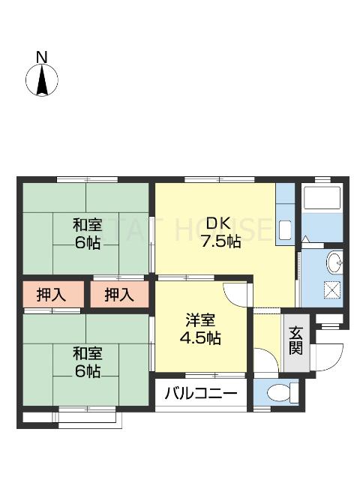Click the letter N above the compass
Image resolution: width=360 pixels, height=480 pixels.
(x=42, y=57)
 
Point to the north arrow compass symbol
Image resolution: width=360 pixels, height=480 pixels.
(x=43, y=81)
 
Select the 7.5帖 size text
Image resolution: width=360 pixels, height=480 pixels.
(x=220, y=241)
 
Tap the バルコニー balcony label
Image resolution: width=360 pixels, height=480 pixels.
(x=199, y=392)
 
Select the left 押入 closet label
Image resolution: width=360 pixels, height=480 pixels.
(x=50, y=295)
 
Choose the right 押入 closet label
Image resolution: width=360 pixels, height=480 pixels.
(x=118, y=295)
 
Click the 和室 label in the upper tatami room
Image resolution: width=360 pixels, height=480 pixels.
(x=87, y=224)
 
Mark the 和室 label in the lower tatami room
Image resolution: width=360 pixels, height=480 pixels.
(x=87, y=353)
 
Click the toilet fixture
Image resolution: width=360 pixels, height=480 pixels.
(x=278, y=391)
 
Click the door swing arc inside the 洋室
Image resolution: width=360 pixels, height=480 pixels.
(x=235, y=292)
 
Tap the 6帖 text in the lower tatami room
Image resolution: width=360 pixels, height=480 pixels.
(x=87, y=372)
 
